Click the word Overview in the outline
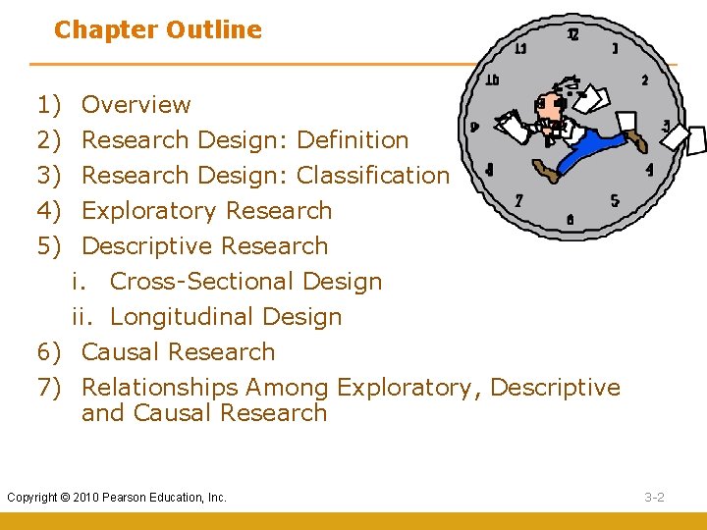136,105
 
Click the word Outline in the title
214,30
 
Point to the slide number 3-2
655,498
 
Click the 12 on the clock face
573,34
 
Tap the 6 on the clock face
571,220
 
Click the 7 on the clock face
518,200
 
